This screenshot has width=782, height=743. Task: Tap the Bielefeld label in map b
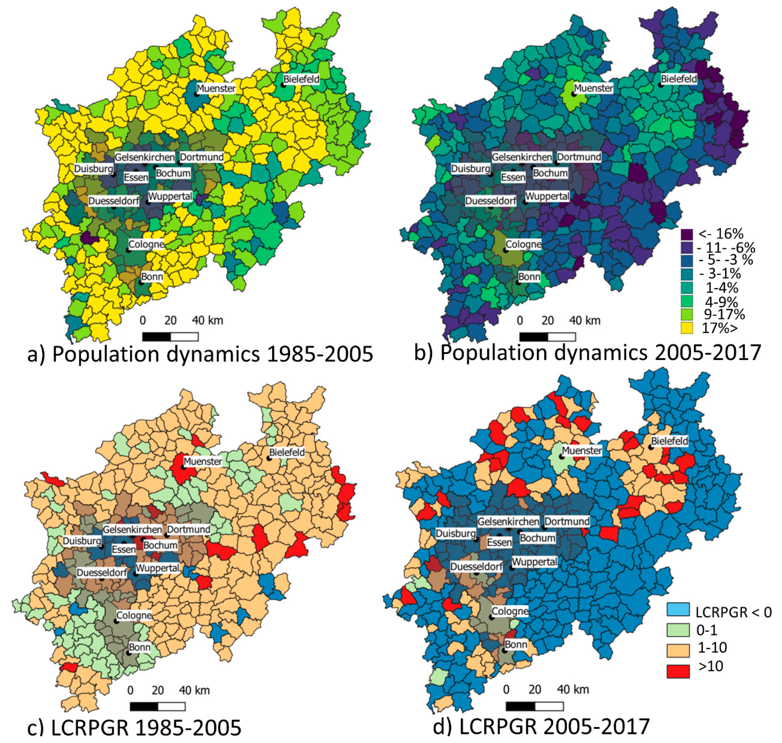pos(679,79)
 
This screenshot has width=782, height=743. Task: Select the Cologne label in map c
pos(134,615)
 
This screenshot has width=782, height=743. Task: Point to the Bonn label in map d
pos(516,644)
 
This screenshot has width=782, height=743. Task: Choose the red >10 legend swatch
pos(678,671)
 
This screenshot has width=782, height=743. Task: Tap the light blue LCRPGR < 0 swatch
pos(678,609)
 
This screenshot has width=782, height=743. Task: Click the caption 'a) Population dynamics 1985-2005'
pos(200,354)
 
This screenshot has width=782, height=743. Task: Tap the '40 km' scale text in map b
pos(585,320)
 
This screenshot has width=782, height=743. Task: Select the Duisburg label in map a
pos(94,169)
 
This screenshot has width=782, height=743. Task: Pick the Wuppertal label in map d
pos(534,562)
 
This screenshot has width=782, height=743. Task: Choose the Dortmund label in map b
pos(579,157)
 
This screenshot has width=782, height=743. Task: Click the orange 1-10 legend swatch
pos(678,650)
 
